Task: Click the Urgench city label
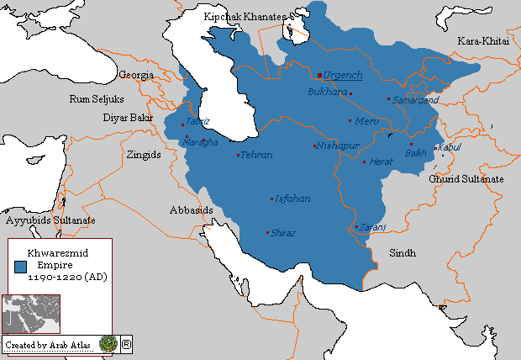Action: pyautogui.click(x=342, y=75)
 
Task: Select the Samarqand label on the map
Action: pyautogui.click(x=416, y=99)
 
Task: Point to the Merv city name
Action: pyautogui.click(x=369, y=121)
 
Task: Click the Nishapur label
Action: pyautogui.click(x=338, y=146)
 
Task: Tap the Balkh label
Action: pyautogui.click(x=416, y=153)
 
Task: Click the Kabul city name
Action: pyautogui.click(x=450, y=147)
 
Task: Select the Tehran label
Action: pyautogui.click(x=256, y=156)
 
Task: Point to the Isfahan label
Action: pyautogui.click(x=292, y=199)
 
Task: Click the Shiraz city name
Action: pyautogui.click(x=283, y=233)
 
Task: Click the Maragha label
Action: pyautogui.click(x=200, y=142)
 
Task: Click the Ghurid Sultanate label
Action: pyautogui.click(x=466, y=179)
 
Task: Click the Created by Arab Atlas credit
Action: pyautogui.click(x=48, y=345)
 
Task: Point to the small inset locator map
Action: pyautogui.click(x=31, y=315)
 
